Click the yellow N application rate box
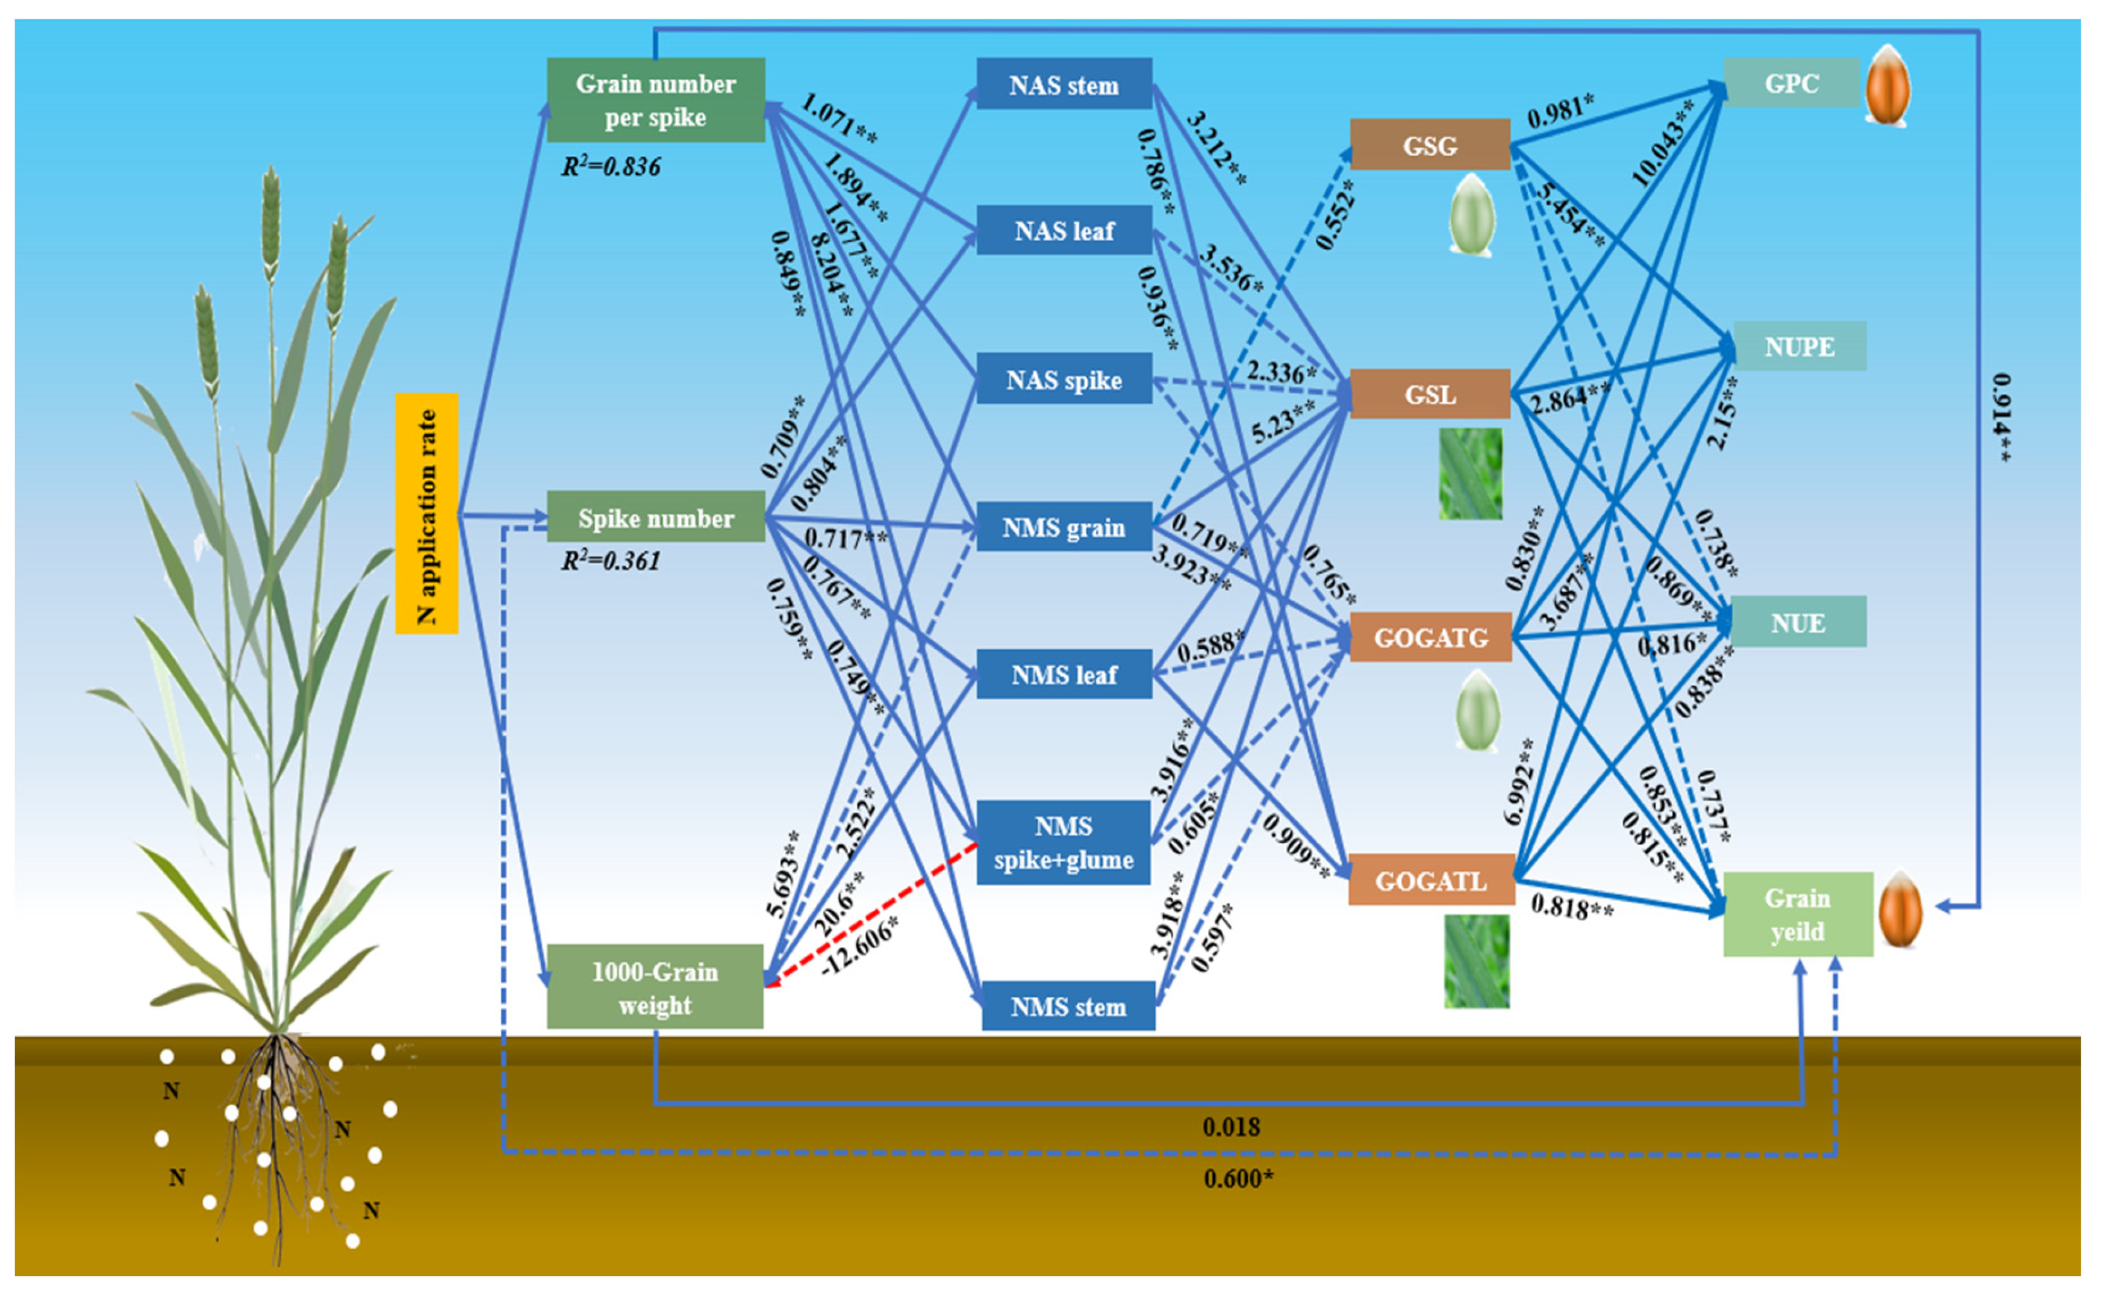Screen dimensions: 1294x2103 [426, 513]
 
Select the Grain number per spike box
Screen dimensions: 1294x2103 [655, 100]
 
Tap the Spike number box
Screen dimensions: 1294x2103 [655, 517]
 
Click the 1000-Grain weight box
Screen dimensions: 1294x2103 [655, 987]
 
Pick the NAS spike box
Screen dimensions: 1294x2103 [1064, 379]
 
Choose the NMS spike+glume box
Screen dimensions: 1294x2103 [1064, 842]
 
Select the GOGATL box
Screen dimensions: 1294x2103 [1430, 881]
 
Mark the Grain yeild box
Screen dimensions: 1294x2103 [1796, 914]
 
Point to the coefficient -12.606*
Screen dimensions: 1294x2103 [860, 946]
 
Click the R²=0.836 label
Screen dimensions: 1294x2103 [610, 166]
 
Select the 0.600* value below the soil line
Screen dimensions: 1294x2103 [1237, 1178]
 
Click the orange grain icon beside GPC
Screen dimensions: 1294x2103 [1887, 85]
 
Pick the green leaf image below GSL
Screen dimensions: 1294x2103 [1470, 474]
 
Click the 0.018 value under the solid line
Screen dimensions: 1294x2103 [1230, 1127]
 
